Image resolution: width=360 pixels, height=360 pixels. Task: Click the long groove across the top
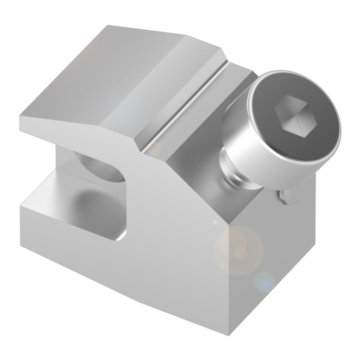(x=186, y=107)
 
